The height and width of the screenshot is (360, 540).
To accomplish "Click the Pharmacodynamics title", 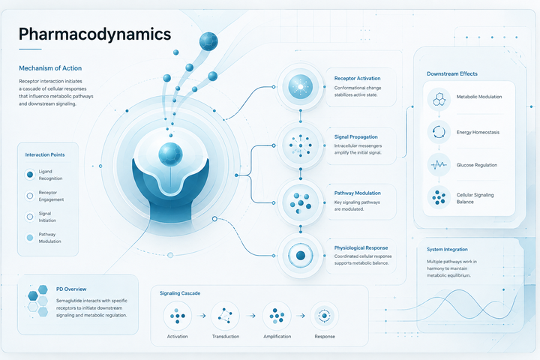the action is (94, 34).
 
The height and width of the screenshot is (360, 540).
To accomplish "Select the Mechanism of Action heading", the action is (50, 68).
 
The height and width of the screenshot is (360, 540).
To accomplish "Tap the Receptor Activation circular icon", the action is (300, 87).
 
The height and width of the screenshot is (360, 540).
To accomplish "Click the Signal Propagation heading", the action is (355, 136).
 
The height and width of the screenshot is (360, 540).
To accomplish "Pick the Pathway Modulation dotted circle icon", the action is (300, 202).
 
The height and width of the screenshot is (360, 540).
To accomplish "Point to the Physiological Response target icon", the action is (300, 255).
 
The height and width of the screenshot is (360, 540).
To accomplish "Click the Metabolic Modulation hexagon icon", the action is (439, 99).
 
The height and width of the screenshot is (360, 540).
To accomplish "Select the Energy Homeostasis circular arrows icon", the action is (439, 132).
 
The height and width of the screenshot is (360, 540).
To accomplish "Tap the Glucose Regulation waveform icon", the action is (439, 165).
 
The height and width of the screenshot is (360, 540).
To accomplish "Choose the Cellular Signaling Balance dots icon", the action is (439, 197).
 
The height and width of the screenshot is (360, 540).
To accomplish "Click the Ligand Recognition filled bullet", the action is (30, 175).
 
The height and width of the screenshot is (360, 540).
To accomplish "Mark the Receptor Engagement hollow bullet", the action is (30, 196).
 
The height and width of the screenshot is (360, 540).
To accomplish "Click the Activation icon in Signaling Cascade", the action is (177, 316).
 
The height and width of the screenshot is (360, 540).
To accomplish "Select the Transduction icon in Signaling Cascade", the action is (225, 316).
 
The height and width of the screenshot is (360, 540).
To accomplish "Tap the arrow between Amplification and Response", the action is (301, 316).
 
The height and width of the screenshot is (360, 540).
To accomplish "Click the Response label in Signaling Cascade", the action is (325, 337).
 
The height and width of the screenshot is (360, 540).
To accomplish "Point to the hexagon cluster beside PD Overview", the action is (38, 301).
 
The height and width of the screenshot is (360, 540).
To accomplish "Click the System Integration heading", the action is (447, 250).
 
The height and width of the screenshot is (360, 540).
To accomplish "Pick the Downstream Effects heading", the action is (452, 73).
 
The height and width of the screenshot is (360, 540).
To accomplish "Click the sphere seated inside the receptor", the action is (170, 154).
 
